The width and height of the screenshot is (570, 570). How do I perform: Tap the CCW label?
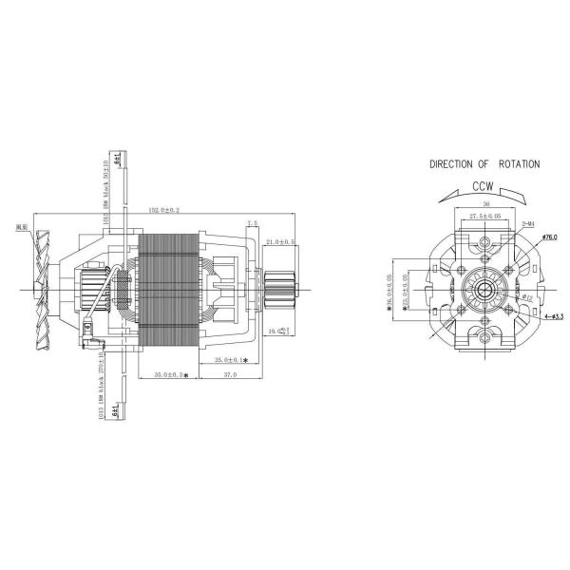coord(484,187)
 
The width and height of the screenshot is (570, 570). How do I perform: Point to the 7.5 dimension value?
coord(252,224)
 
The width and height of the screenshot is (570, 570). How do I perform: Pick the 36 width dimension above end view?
coord(484,203)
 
